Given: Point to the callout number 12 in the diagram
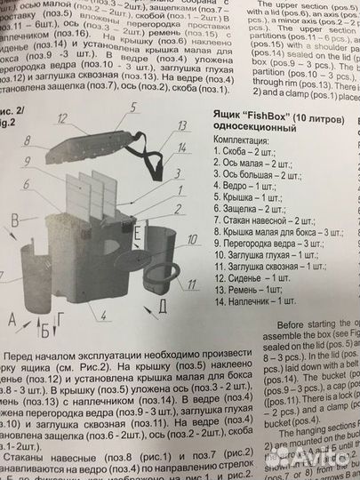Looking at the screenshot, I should click(x=61, y=116).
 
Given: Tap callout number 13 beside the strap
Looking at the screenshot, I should click(x=182, y=125).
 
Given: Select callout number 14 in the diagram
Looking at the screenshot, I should click(x=183, y=146).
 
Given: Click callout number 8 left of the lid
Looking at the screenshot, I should click(x=28, y=140).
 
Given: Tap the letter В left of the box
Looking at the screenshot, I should click(x=14, y=218).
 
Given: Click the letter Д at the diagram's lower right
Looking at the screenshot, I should click(x=163, y=307).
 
